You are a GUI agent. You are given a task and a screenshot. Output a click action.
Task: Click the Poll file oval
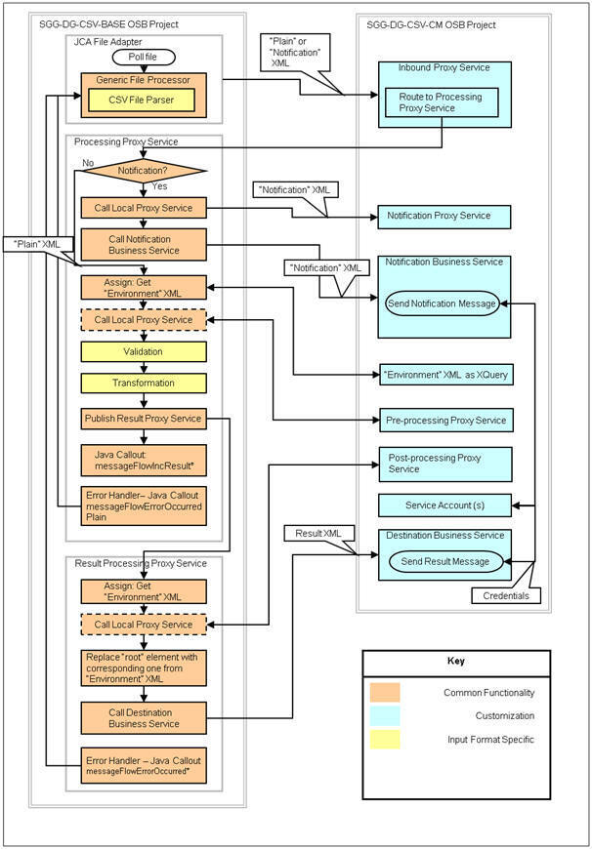tap(144, 58)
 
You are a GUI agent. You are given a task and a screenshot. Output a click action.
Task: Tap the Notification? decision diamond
tap(144, 171)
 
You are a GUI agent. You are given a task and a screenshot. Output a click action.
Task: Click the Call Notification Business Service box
tap(144, 244)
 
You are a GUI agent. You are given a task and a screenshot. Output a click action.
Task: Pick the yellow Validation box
tap(144, 350)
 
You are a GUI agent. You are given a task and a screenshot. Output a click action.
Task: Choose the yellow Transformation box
tap(144, 384)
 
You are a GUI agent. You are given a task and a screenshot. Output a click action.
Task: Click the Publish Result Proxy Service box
tap(144, 419)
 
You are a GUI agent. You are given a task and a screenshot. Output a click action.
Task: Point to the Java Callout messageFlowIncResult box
tap(144, 458)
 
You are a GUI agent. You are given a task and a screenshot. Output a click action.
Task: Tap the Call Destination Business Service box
tap(144, 717)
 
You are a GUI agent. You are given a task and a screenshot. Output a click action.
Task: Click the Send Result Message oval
tap(444, 561)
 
